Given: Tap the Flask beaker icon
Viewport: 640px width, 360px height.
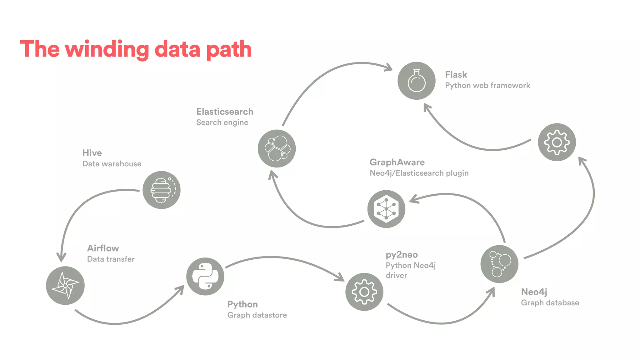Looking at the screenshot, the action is click(x=416, y=81).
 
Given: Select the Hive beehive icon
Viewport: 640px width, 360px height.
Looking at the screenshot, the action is click(x=161, y=190).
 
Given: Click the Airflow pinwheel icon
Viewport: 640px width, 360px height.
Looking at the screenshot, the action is click(x=65, y=285).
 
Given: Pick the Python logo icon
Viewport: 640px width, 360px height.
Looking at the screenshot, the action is click(x=205, y=276).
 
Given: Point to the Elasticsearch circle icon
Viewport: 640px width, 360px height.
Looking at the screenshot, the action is click(x=277, y=148).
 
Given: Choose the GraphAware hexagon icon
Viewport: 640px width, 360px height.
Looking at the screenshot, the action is click(x=386, y=209).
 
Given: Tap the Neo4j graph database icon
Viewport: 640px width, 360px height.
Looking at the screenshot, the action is click(x=499, y=264).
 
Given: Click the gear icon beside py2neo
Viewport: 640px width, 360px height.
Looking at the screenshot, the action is click(x=364, y=292).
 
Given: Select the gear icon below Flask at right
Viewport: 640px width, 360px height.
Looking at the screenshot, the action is click(x=557, y=142).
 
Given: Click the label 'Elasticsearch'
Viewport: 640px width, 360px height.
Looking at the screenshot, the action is click(x=225, y=112).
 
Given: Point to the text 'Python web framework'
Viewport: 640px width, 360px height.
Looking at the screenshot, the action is click(x=487, y=86).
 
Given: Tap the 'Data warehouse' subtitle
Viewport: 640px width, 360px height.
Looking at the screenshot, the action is click(x=112, y=164).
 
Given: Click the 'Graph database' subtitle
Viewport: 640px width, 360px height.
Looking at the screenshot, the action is click(x=550, y=303).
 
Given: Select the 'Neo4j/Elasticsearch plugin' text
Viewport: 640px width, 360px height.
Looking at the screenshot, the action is click(x=419, y=173).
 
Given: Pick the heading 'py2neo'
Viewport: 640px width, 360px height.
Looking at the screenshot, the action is click(x=402, y=255).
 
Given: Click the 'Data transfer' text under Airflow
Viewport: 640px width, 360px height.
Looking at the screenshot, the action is click(x=111, y=259).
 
